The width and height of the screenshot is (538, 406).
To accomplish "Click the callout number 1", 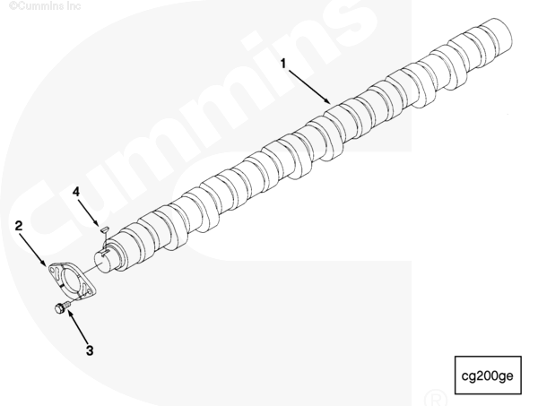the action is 283,64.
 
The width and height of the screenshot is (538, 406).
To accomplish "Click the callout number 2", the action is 19,226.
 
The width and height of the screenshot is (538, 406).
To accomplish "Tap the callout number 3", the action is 90,350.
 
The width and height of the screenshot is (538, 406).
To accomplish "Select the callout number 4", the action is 76,192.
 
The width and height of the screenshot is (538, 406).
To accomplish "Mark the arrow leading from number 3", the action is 77,326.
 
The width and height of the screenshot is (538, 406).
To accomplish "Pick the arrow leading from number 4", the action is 89,212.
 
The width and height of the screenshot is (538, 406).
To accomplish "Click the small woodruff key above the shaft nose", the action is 104,229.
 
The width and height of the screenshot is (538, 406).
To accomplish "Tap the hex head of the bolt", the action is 59,309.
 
